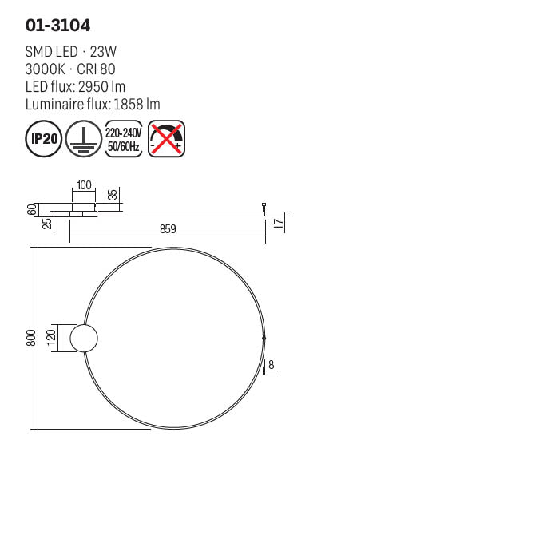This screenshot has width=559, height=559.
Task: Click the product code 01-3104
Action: [57, 25]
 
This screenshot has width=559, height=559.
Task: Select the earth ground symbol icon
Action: [81, 139]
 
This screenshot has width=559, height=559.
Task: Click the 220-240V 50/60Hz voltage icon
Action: [123, 139]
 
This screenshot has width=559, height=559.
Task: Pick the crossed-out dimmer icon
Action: [166, 139]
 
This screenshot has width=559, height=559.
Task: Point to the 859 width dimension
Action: [168, 228]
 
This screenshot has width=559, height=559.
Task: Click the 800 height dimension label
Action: [31, 338]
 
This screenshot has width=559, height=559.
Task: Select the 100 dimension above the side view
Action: [83, 185]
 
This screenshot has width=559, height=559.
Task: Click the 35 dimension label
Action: [113, 195]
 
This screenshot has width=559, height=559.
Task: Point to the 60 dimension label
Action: [31, 209]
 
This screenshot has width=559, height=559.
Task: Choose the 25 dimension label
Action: [47, 223]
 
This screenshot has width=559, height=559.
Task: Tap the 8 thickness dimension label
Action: [272, 365]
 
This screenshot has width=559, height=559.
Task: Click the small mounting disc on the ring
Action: [84, 339]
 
